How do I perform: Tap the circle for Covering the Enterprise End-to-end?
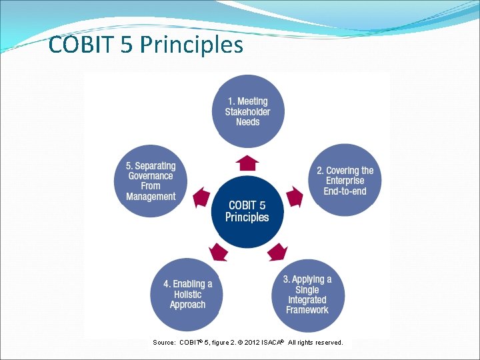click(345, 181)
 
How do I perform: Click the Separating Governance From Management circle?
click(151, 181)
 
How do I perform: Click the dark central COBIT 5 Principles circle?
click(247, 211)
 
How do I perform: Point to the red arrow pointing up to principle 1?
click(247, 163)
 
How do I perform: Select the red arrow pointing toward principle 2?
click(294, 197)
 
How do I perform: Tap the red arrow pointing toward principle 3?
click(277, 251)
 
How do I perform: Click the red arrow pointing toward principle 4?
click(218, 251)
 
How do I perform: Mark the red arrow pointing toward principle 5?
click(201, 197)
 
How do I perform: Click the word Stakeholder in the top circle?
click(247, 111)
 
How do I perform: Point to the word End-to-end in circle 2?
click(345, 191)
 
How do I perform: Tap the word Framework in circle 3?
click(307, 310)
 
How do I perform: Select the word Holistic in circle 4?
click(187, 295)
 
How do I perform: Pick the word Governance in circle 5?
click(151, 176)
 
